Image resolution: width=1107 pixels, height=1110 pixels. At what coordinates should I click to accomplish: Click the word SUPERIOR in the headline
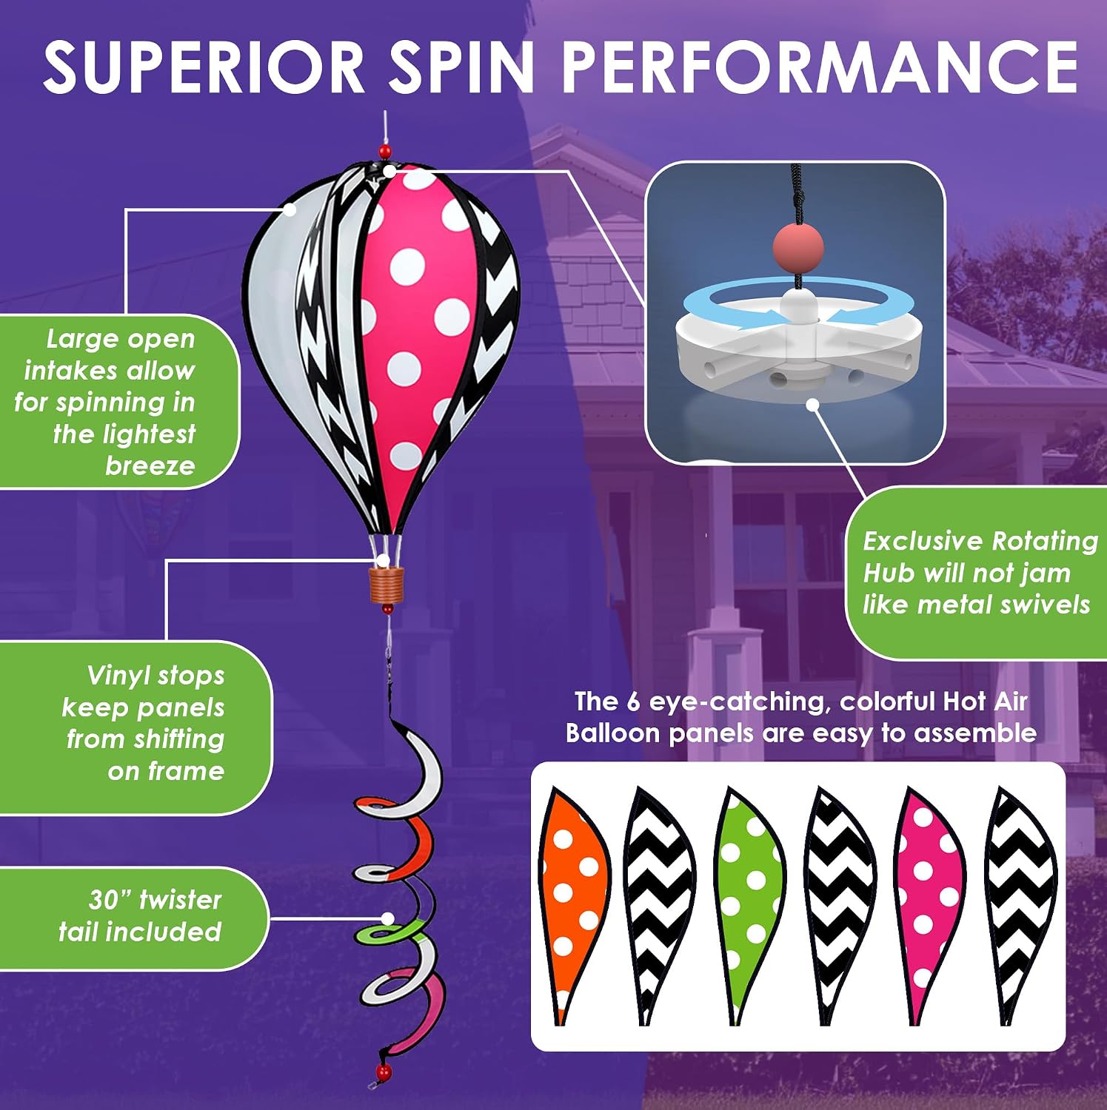click(204, 67)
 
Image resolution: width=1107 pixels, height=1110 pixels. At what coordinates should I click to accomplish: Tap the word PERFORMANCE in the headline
click(820, 67)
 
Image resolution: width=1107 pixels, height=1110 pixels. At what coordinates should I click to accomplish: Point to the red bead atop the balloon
click(384, 152)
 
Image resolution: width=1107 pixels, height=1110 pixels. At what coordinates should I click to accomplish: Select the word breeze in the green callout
click(150, 465)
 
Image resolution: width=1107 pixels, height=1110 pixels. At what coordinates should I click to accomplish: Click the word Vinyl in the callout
click(113, 676)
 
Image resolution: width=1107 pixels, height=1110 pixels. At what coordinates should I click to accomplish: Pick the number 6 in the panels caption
click(633, 702)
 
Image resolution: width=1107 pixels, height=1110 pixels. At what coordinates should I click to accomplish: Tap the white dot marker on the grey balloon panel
click(290, 209)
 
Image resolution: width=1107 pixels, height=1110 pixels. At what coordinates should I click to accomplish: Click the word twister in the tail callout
click(181, 900)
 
